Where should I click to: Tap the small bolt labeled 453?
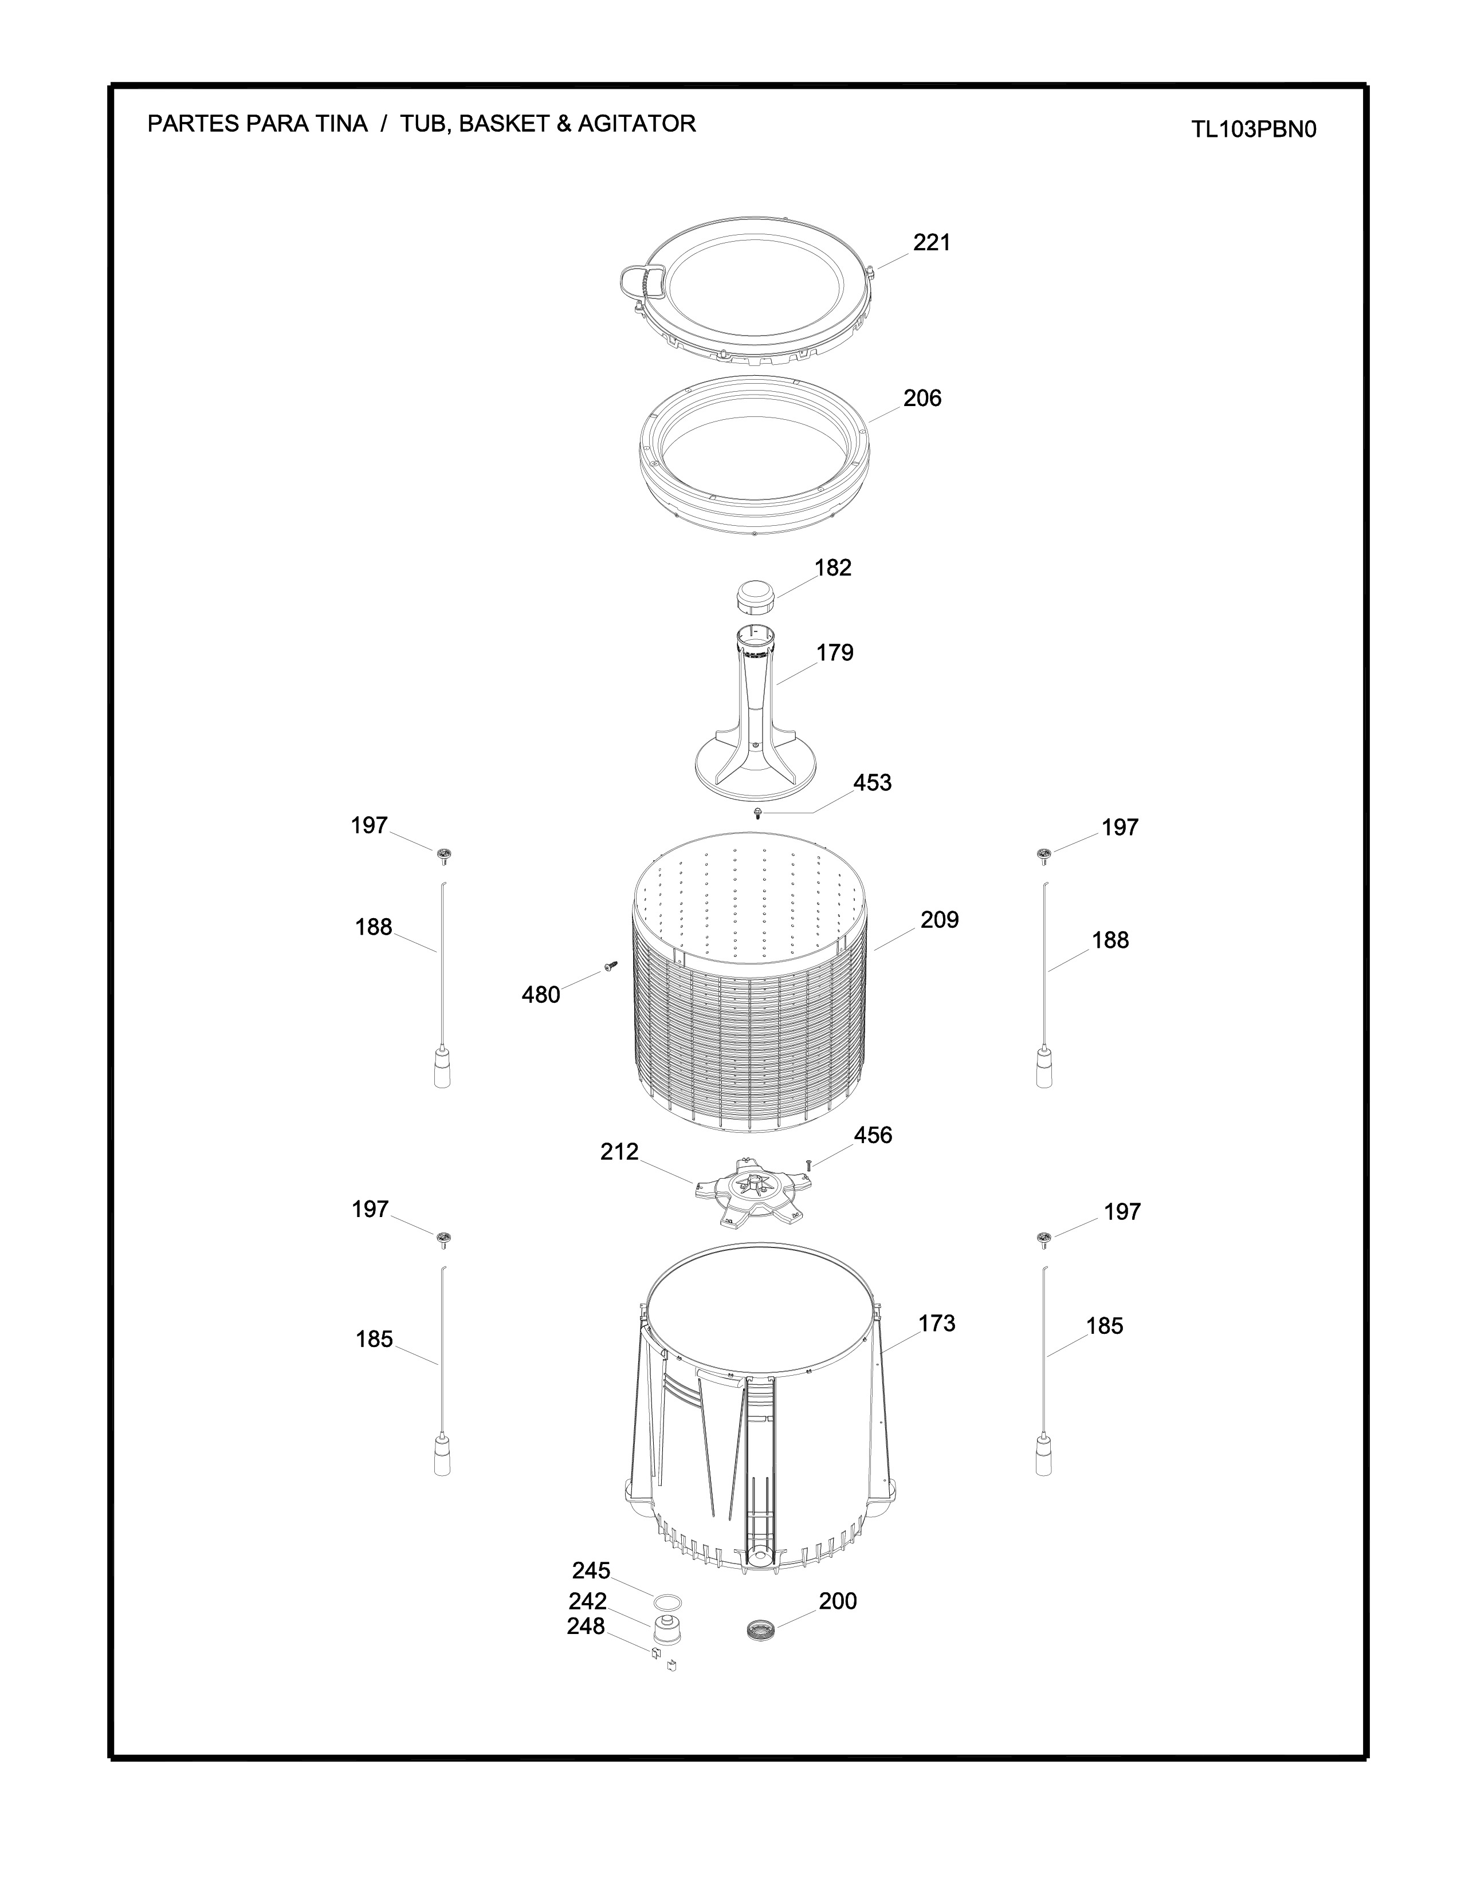tap(758, 813)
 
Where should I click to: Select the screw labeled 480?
tap(610, 966)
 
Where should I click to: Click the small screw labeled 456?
tap(807, 1165)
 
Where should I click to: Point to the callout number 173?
tap(937, 1348)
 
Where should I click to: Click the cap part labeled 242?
tap(666, 1629)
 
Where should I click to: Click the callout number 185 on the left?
tap(374, 1340)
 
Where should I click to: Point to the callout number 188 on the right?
tap(1110, 940)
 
